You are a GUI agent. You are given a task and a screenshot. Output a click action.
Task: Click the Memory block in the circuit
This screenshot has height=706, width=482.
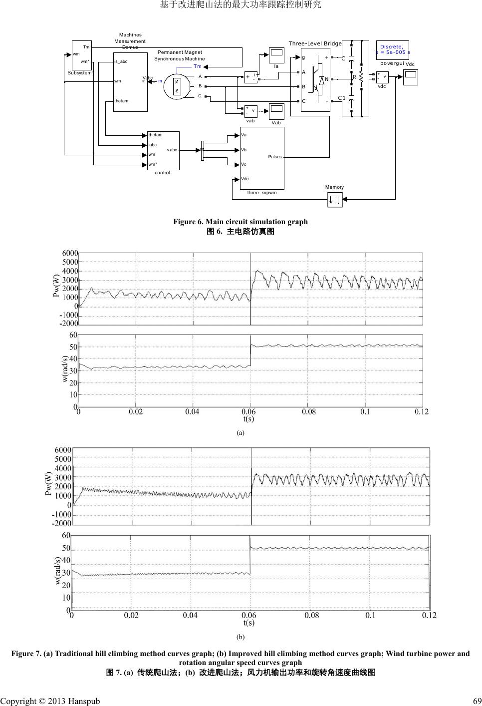point(334,200)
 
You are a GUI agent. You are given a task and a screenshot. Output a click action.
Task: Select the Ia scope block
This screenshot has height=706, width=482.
point(276,54)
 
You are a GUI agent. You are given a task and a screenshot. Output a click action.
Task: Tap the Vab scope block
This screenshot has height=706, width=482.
point(276,111)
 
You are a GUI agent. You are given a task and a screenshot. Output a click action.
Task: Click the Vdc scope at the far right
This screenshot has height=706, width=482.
point(410,77)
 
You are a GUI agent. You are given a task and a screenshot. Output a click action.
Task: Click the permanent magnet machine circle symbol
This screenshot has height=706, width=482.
point(176,86)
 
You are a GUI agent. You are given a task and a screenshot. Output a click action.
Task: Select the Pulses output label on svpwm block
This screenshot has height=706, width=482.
point(275,157)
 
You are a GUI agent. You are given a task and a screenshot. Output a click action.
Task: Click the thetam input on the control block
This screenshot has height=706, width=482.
point(156,135)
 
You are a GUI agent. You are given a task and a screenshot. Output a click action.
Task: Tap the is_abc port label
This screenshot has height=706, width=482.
point(121,61)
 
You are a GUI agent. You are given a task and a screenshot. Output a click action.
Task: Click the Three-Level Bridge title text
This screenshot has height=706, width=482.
point(315,43)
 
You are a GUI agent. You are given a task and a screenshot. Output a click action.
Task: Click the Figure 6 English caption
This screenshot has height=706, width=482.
point(241,222)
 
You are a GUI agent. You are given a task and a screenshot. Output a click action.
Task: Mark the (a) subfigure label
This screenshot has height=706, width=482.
point(241,432)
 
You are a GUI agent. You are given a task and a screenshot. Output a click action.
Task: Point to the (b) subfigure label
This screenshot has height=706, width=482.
point(241,637)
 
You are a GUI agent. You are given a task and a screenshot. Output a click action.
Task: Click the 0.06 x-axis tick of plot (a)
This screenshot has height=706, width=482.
point(249,412)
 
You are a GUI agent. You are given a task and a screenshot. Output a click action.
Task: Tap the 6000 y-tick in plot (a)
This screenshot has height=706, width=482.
point(70,253)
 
